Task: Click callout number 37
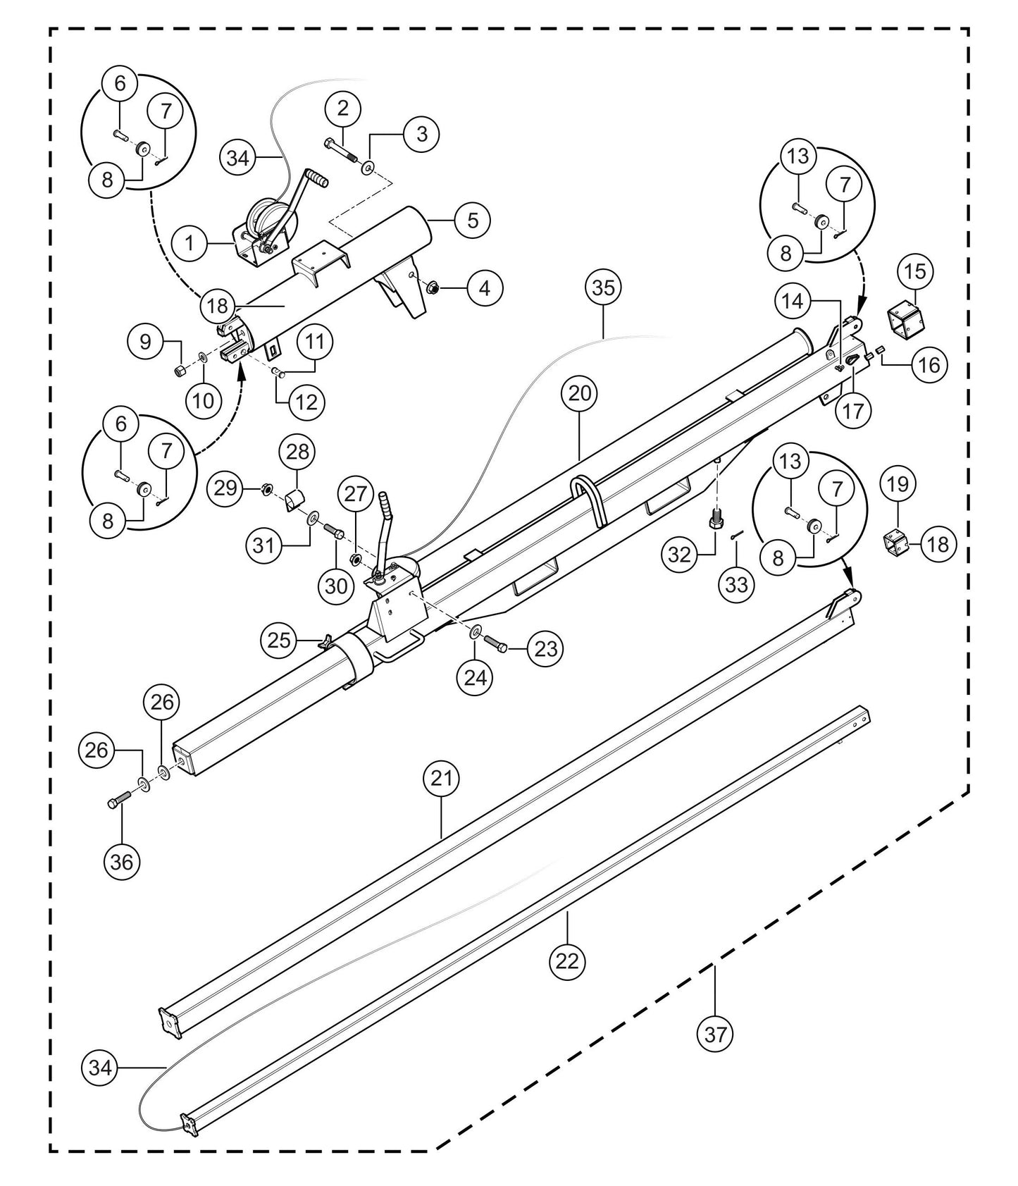click(714, 1034)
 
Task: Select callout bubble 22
click(567, 960)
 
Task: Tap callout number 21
click(441, 779)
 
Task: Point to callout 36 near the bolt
click(122, 861)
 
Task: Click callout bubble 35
click(603, 288)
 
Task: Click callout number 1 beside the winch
click(190, 244)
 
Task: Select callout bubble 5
click(472, 220)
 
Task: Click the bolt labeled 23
click(496, 645)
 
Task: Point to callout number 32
click(679, 555)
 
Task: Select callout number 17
click(852, 410)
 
